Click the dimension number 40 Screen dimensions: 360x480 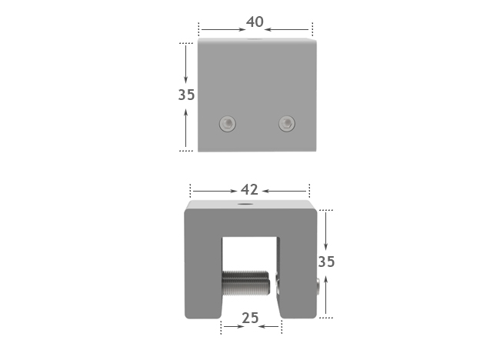[255, 22]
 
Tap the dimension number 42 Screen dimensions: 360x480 [249, 190]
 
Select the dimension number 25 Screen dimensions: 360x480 [250, 318]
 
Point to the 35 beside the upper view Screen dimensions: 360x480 [186, 95]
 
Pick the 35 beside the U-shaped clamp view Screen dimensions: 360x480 [326, 262]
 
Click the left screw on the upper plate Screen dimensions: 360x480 [227, 123]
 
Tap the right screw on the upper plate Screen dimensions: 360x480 [286, 122]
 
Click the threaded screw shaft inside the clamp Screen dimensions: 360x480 [245, 283]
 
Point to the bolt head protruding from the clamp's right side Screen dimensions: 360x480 [317, 286]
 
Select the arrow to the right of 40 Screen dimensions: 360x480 [289, 30]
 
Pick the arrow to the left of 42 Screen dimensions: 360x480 [215, 191]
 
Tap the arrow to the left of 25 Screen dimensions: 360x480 [234, 327]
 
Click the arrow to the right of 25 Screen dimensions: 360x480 [268, 327]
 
